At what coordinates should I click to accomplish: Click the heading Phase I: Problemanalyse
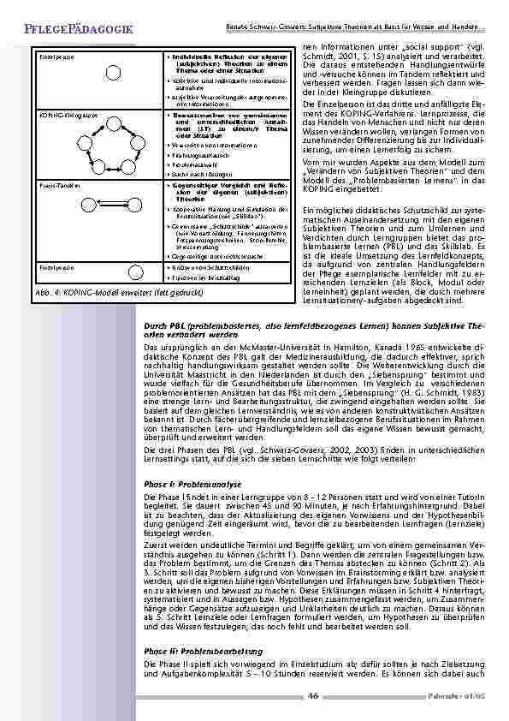[x=189, y=485]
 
